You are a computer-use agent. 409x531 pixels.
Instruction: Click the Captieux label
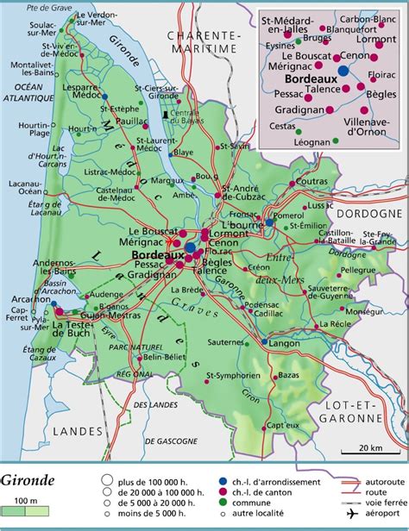coord(281,426)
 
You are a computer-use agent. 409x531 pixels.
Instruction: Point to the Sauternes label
coord(227,342)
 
